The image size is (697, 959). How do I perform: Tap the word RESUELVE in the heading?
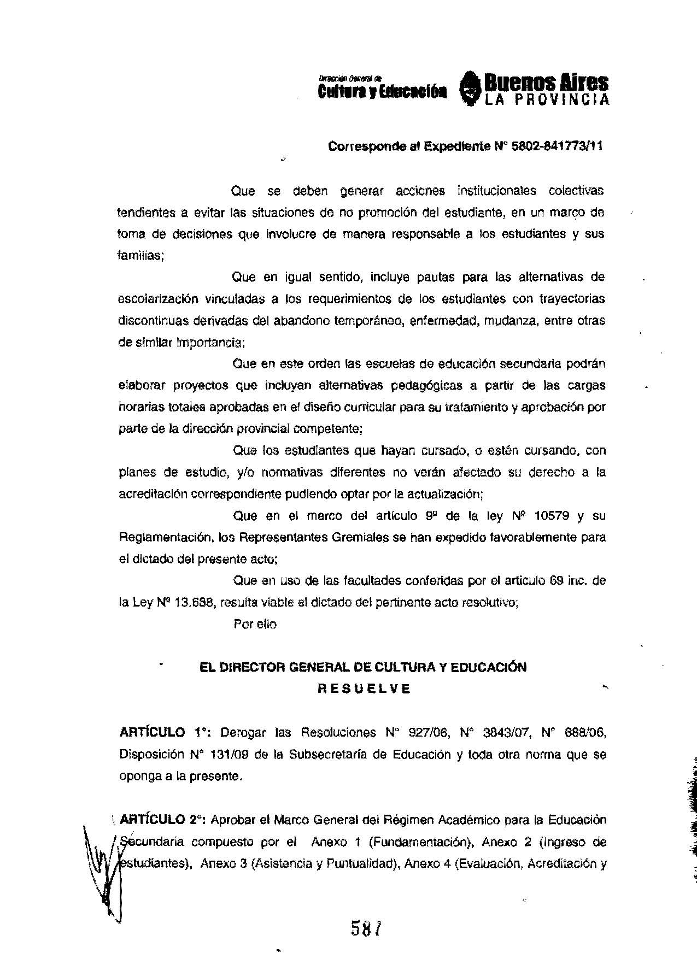point(364,689)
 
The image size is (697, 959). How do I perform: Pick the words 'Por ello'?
point(255,623)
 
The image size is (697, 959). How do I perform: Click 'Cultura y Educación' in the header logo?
point(382,91)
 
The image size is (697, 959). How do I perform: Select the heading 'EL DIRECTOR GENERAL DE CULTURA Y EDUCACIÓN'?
point(363,667)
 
